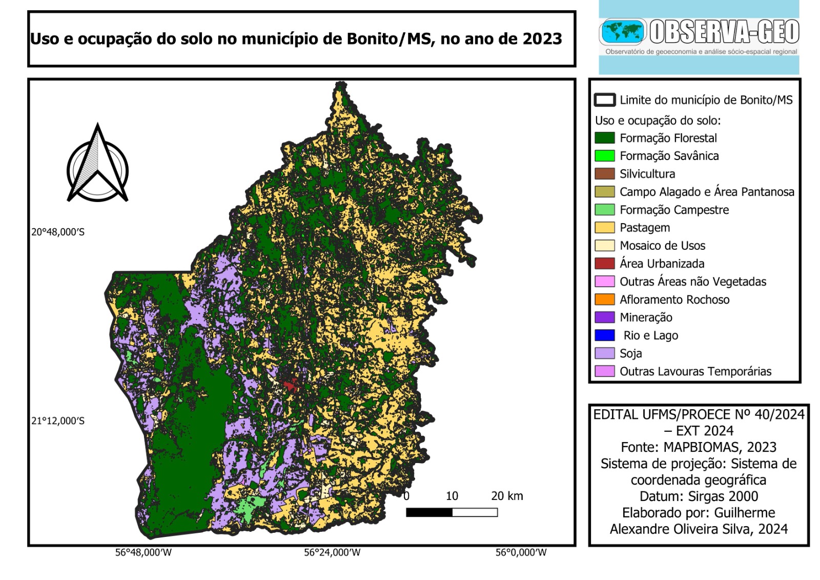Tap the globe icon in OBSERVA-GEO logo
pyautogui.click(x=622, y=32)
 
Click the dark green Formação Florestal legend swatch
pyautogui.click(x=604, y=138)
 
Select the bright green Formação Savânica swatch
pyautogui.click(x=604, y=156)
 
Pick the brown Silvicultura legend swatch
pyautogui.click(x=604, y=174)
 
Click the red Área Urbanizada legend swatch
pyautogui.click(x=604, y=264)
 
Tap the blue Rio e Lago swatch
pyautogui.click(x=604, y=335)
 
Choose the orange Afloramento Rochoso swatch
pyautogui.click(x=604, y=299)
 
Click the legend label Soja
pyautogui.click(x=630, y=353)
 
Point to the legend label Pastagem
pyautogui.click(x=644, y=228)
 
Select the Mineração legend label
pyautogui.click(x=646, y=317)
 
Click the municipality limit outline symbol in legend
pyautogui.click(x=604, y=100)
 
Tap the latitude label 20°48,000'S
pyautogui.click(x=58, y=232)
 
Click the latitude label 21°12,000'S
pyautogui.click(x=58, y=421)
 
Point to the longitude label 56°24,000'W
pyautogui.click(x=332, y=552)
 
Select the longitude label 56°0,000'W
pyautogui.click(x=521, y=552)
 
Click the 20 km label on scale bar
pyautogui.click(x=506, y=496)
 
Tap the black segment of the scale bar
pyautogui.click(x=429, y=512)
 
